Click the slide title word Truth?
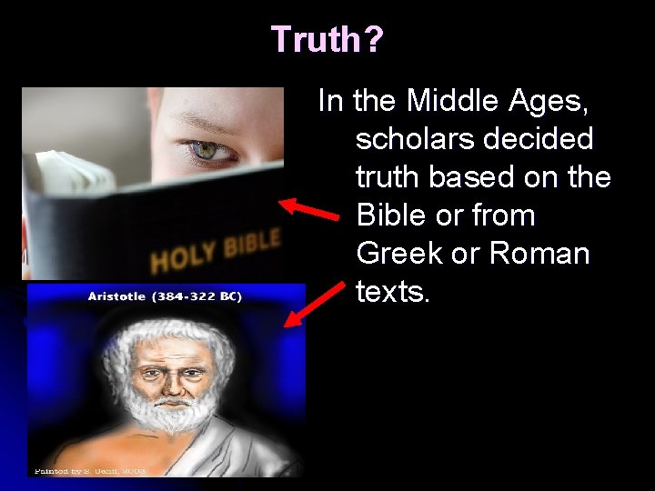tap(327, 39)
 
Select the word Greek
tap(399, 254)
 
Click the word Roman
tap(539, 254)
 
